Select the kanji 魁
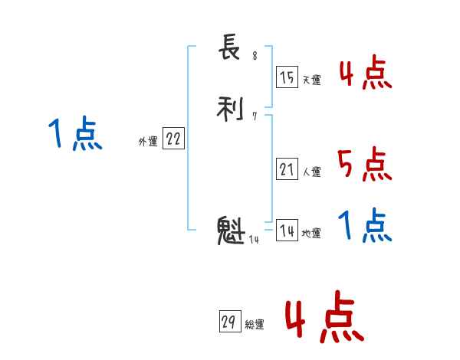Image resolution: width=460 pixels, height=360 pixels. pos(230,231)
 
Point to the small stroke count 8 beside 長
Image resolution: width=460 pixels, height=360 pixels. pos(255,57)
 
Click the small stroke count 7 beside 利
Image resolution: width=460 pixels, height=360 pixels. pos(254,116)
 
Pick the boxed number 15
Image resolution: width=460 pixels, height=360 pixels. pos(287,77)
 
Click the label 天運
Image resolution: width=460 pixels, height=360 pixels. pos(311,80)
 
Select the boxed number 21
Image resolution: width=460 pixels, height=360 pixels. pos(287,169)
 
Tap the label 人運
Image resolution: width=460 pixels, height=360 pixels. pos(311,172)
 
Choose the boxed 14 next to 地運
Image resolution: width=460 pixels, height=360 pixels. pos(287,231)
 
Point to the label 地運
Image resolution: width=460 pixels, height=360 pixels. pos(311,234)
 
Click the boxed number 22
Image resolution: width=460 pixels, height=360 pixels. pos(173,139)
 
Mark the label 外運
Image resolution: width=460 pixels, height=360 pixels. pos(148,142)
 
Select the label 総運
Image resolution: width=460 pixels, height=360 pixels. pos(254,325)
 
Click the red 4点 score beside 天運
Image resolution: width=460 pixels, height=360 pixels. pos(366,74)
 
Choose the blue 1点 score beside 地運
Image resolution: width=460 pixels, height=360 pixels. pos(365,226)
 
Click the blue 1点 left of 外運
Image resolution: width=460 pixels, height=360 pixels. pos(75,134)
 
